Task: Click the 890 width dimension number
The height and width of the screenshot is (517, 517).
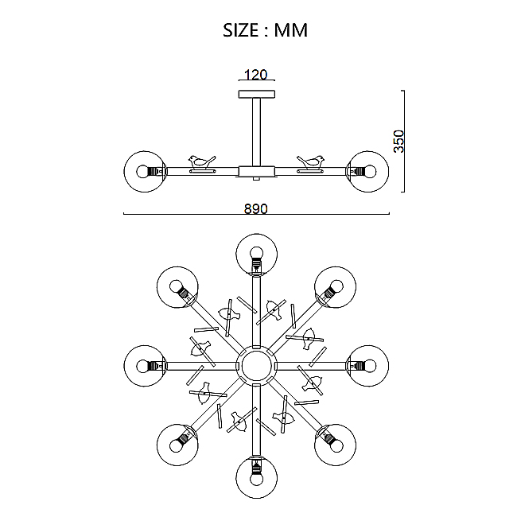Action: tap(256, 208)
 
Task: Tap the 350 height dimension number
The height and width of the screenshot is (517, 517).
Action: tap(398, 141)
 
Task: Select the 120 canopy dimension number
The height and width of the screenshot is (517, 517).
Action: tap(256, 75)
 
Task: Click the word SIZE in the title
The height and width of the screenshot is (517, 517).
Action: tap(241, 30)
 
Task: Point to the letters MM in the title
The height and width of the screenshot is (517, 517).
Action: tap(291, 30)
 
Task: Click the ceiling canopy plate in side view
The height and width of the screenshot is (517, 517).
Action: tap(257, 94)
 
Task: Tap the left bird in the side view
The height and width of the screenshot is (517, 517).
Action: tap(202, 161)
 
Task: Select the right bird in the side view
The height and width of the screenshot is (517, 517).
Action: tap(310, 161)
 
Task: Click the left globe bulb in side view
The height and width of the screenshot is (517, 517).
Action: tap(145, 172)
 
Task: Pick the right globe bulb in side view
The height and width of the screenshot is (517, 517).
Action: tap(368, 172)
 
